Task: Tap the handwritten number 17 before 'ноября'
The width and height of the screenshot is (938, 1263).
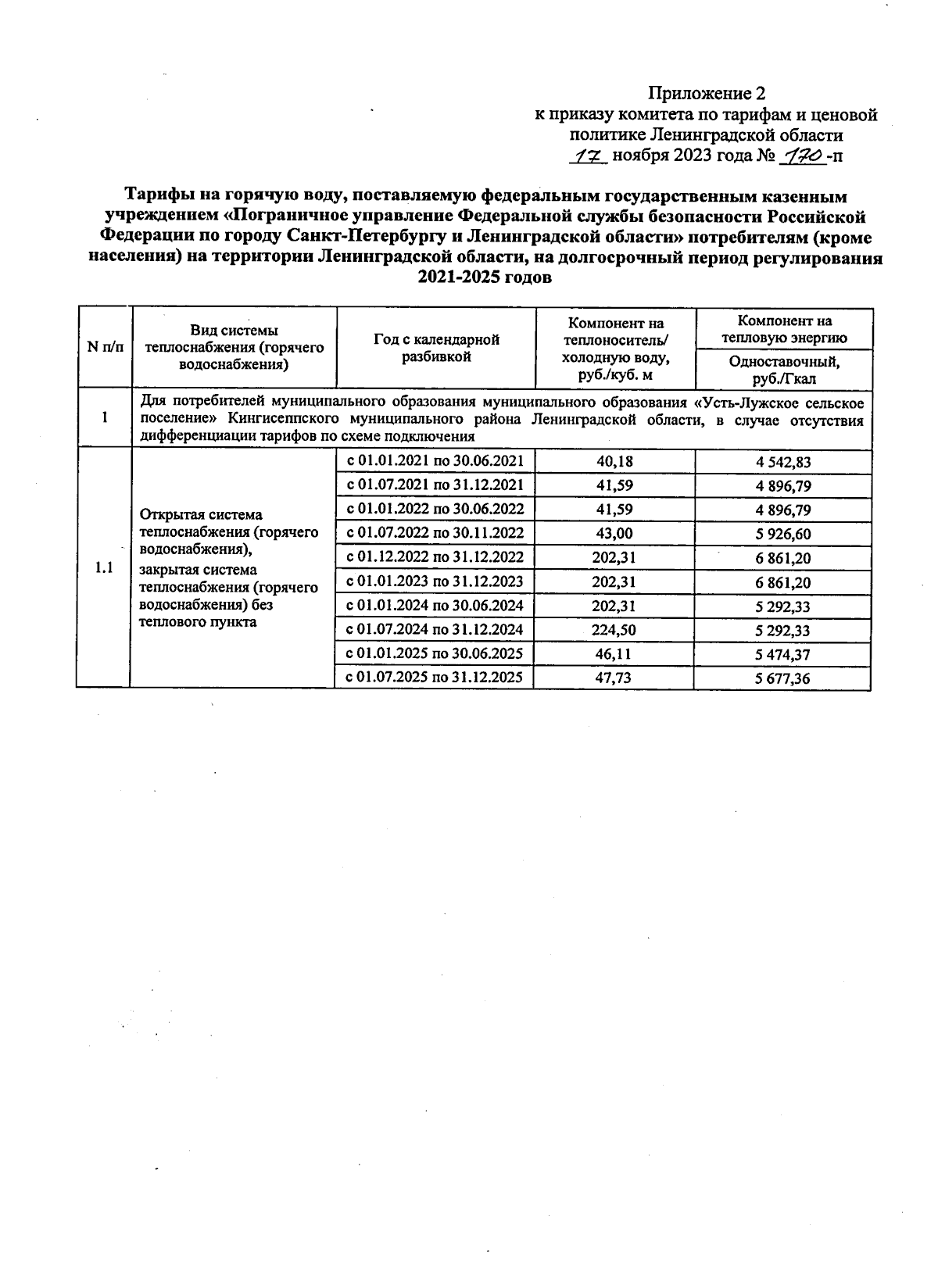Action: pos(587,156)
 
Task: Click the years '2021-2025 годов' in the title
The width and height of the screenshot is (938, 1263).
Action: pos(485,278)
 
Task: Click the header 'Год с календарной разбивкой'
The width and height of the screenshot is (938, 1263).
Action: pos(436,348)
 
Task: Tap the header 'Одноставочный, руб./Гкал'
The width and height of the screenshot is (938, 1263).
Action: pos(784,369)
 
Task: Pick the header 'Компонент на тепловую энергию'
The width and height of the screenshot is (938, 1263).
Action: pos(784,329)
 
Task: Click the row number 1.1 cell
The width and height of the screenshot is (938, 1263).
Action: pos(103,568)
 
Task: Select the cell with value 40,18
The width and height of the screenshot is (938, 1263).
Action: pos(614,461)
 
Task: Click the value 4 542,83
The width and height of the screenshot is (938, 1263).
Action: pos(782,462)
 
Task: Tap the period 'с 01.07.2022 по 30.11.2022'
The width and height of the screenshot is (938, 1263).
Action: pos(435,533)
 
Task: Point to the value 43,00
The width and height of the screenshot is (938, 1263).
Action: pos(614,534)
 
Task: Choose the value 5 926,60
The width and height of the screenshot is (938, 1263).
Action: pos(782,535)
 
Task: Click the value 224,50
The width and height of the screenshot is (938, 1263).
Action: pos(614,630)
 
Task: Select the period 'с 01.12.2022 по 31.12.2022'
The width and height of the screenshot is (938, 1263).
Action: pos(435,557)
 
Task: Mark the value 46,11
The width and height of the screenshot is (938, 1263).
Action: pos(614,654)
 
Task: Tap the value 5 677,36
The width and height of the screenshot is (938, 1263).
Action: pos(782,678)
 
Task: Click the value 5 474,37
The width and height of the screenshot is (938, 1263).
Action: pos(782,654)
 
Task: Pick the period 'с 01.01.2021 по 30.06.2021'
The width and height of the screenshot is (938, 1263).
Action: pos(435,460)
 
